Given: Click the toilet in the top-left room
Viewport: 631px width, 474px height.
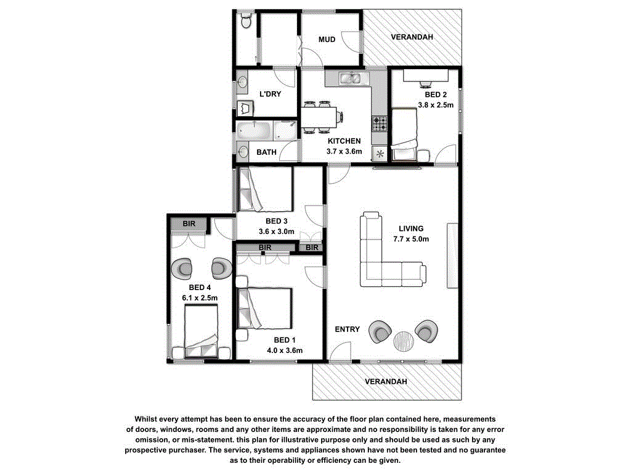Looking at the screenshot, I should [246, 22].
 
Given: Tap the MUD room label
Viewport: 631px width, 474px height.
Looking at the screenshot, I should [327, 39].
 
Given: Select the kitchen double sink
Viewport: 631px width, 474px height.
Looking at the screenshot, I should [352, 78].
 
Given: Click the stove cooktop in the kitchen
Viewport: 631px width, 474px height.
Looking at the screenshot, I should [380, 123].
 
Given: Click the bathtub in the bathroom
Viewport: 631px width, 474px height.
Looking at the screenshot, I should [253, 131].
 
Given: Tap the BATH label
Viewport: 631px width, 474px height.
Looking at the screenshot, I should [266, 151].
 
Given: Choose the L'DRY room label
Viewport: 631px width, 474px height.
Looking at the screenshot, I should [270, 94].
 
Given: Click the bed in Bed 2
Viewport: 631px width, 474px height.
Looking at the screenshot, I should [405, 135].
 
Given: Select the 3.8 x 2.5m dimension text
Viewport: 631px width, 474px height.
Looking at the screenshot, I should [436, 105].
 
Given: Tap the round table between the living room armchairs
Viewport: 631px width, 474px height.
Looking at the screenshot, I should [404, 340].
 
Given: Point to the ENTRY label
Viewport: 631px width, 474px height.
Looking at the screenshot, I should [347, 329].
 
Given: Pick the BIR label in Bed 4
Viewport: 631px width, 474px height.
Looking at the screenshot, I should [189, 223].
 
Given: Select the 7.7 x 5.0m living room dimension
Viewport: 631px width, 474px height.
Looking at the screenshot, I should [411, 239].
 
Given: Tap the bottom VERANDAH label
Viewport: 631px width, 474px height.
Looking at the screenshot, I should [386, 381].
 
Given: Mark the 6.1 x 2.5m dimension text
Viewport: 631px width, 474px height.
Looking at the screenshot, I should [200, 297].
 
